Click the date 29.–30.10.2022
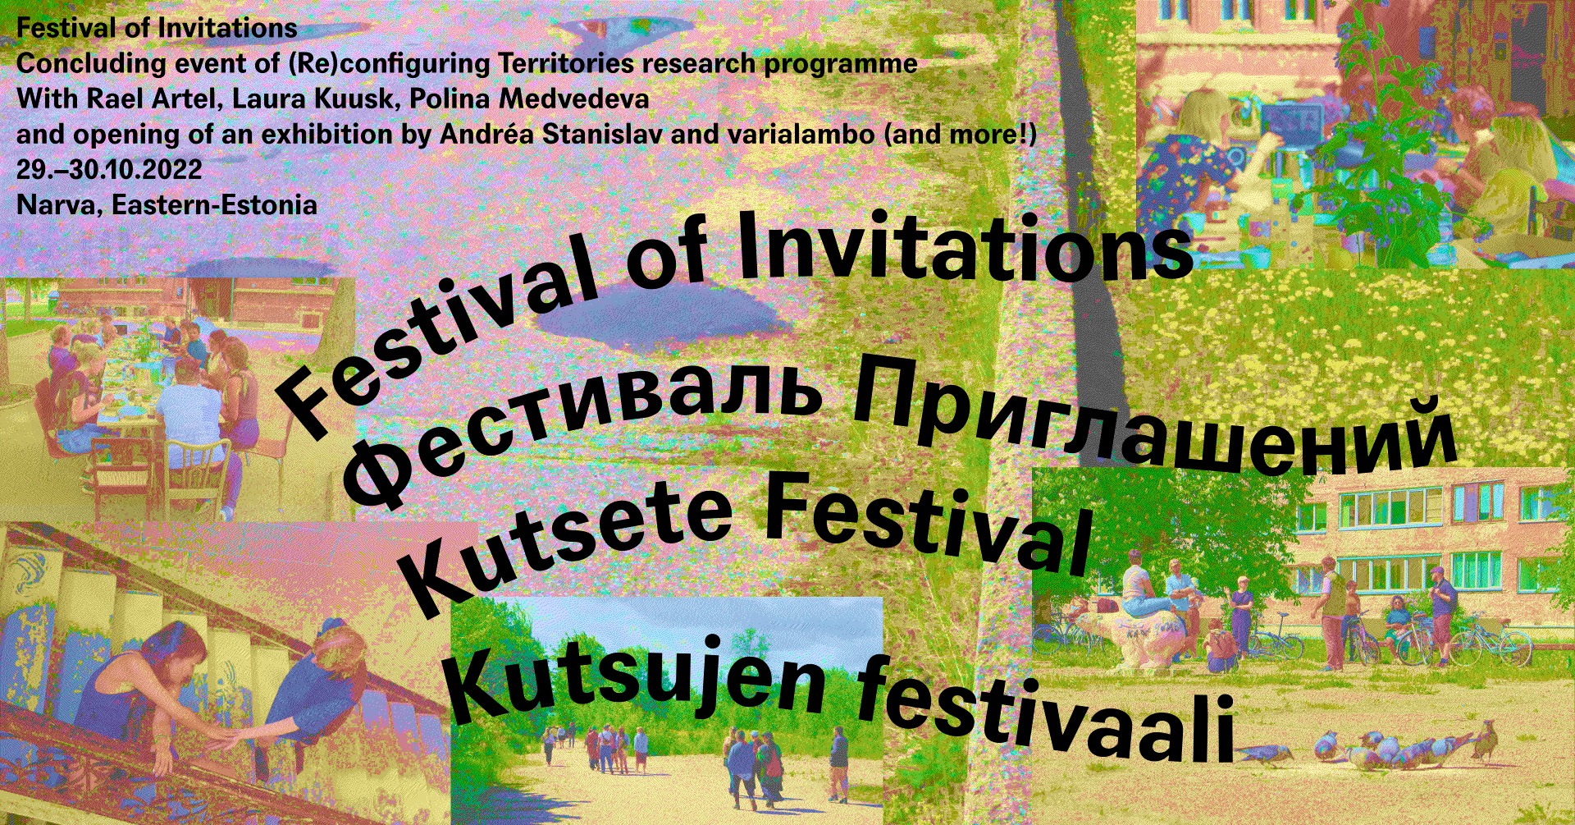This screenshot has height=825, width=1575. (109, 169)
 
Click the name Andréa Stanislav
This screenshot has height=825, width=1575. (551, 134)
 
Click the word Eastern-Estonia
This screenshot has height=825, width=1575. (215, 204)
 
